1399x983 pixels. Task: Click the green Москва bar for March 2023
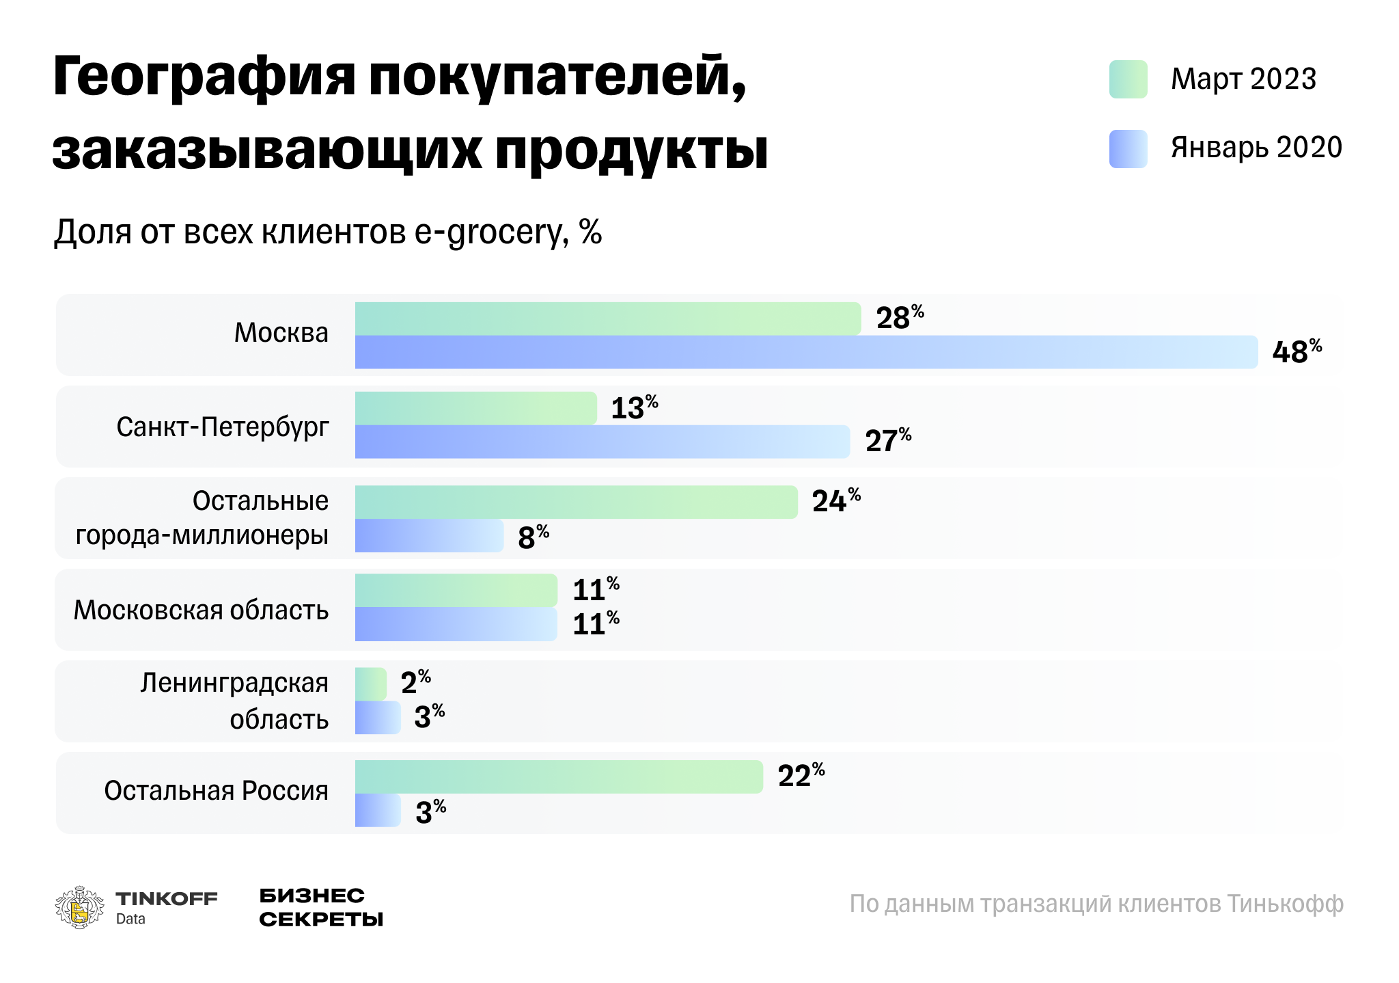[x=607, y=319]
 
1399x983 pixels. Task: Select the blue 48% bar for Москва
[x=806, y=352]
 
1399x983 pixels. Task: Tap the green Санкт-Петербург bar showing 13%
[x=475, y=408]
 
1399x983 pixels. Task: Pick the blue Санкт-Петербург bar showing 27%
[x=602, y=442]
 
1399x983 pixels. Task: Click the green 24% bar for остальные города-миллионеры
[x=576, y=502]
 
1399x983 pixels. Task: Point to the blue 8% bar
[x=429, y=536]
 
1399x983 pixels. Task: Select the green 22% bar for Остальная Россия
[x=558, y=777]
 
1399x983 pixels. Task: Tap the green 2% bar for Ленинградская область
[x=370, y=684]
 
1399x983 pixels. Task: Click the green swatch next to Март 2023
[x=1128, y=79]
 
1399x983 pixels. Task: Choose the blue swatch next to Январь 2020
[x=1128, y=148]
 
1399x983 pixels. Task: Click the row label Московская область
[x=201, y=610]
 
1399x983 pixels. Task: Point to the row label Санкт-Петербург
[x=223, y=427]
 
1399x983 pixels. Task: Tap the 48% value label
[x=1296, y=352]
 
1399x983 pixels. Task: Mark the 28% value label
[x=899, y=319]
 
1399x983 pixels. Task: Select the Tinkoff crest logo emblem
[x=79, y=907]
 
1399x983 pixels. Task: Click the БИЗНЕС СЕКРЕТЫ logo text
[x=320, y=907]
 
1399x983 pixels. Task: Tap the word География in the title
[x=204, y=77]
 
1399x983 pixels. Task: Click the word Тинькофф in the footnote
[x=1285, y=904]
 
